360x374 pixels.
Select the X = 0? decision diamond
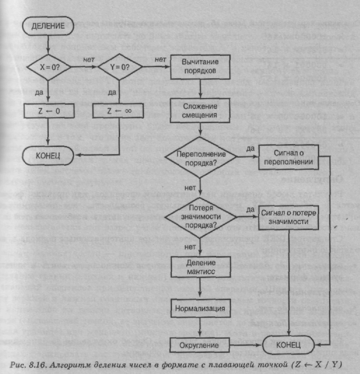49,67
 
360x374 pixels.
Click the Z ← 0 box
49,111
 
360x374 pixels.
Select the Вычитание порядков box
201,67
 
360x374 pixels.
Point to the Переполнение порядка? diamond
200,157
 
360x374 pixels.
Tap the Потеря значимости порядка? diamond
200,217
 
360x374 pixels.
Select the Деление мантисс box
200,269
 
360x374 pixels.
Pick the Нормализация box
200,308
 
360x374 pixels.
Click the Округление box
200,346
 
